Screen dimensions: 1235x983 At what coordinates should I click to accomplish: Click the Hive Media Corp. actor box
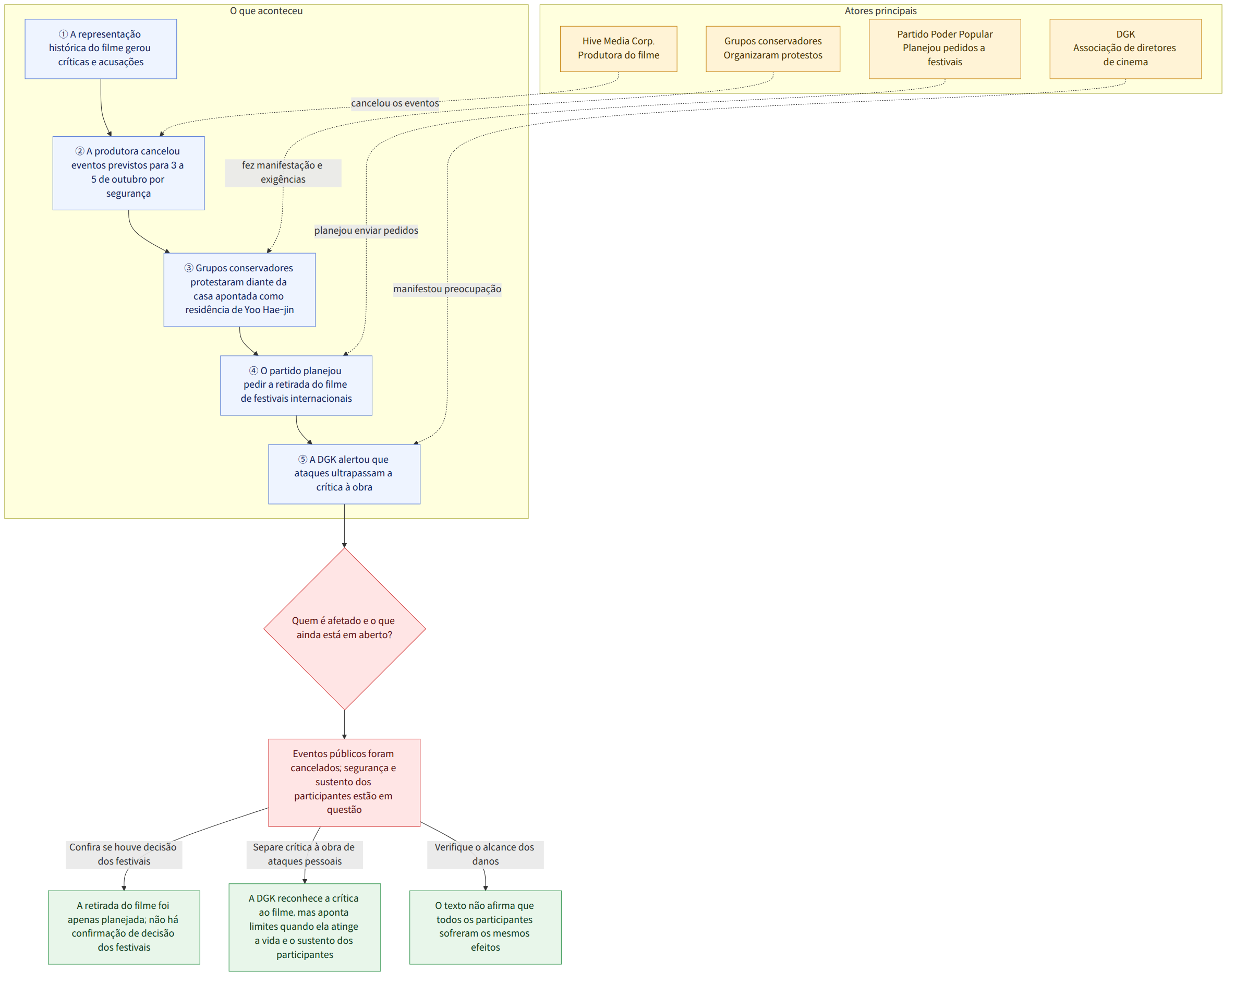(x=618, y=49)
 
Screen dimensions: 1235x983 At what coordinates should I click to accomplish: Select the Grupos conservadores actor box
(x=773, y=49)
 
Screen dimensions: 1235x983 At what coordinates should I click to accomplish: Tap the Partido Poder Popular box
(x=945, y=49)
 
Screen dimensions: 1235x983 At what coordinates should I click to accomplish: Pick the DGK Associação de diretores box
(x=1125, y=49)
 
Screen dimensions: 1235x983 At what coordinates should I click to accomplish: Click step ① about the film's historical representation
(x=101, y=49)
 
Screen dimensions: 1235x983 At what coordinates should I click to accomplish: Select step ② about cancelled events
(x=128, y=173)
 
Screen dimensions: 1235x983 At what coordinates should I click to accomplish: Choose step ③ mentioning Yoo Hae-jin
(x=239, y=290)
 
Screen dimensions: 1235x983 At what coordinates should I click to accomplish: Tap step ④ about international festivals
(x=296, y=385)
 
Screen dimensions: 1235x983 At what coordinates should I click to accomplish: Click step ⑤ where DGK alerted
(x=344, y=474)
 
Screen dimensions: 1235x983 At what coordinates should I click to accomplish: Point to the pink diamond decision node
(x=344, y=629)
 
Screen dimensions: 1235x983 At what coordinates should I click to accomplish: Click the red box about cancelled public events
(x=344, y=783)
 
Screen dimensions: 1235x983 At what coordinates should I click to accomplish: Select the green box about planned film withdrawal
(x=124, y=927)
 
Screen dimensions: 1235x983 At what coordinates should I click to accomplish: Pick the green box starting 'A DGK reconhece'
(x=305, y=927)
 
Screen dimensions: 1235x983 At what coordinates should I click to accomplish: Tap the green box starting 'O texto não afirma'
(x=485, y=927)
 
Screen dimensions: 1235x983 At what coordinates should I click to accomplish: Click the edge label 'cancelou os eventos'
(x=395, y=103)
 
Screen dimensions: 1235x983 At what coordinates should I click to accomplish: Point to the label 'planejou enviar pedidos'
(x=366, y=231)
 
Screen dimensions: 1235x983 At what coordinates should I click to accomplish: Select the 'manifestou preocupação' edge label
(x=447, y=289)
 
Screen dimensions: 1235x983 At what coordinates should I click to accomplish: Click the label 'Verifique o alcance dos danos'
(x=485, y=855)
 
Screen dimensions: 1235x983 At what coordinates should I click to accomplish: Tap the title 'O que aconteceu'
(x=267, y=11)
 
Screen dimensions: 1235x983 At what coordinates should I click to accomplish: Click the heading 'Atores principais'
(x=880, y=11)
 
